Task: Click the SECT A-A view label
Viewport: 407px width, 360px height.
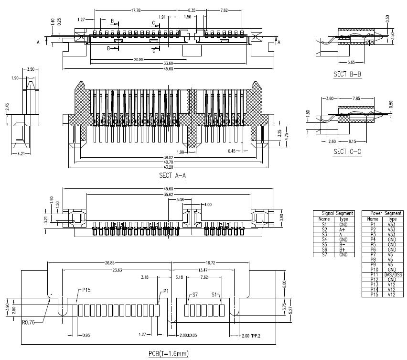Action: pyautogui.click(x=172, y=176)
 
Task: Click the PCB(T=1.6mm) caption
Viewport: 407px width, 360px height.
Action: pyautogui.click(x=168, y=353)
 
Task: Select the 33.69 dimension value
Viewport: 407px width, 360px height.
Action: pyautogui.click(x=168, y=64)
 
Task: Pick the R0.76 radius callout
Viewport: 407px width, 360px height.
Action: pyautogui.click(x=28, y=322)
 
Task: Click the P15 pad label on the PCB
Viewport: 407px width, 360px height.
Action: pyautogui.click(x=87, y=290)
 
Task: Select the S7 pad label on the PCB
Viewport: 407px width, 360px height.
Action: pyautogui.click(x=195, y=295)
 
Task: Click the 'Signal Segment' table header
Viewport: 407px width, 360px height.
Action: pyautogui.click(x=334, y=213)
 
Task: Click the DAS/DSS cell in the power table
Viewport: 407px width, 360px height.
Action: pyautogui.click(x=393, y=274)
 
